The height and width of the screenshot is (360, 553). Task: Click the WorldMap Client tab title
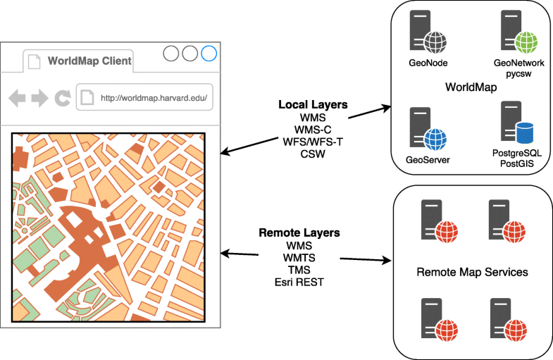tap(89, 61)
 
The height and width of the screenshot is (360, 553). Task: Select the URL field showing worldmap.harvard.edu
tap(144, 98)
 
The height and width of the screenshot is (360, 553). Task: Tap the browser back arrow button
tap(18, 98)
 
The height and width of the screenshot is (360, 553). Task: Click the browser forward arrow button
tap(39, 98)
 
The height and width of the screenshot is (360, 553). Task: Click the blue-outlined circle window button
tap(209, 54)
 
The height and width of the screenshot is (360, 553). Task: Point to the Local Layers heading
tap(313, 105)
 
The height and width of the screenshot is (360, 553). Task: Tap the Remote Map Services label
tap(472, 272)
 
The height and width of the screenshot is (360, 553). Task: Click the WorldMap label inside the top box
tap(472, 88)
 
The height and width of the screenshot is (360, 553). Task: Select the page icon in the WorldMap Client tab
tap(34, 61)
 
